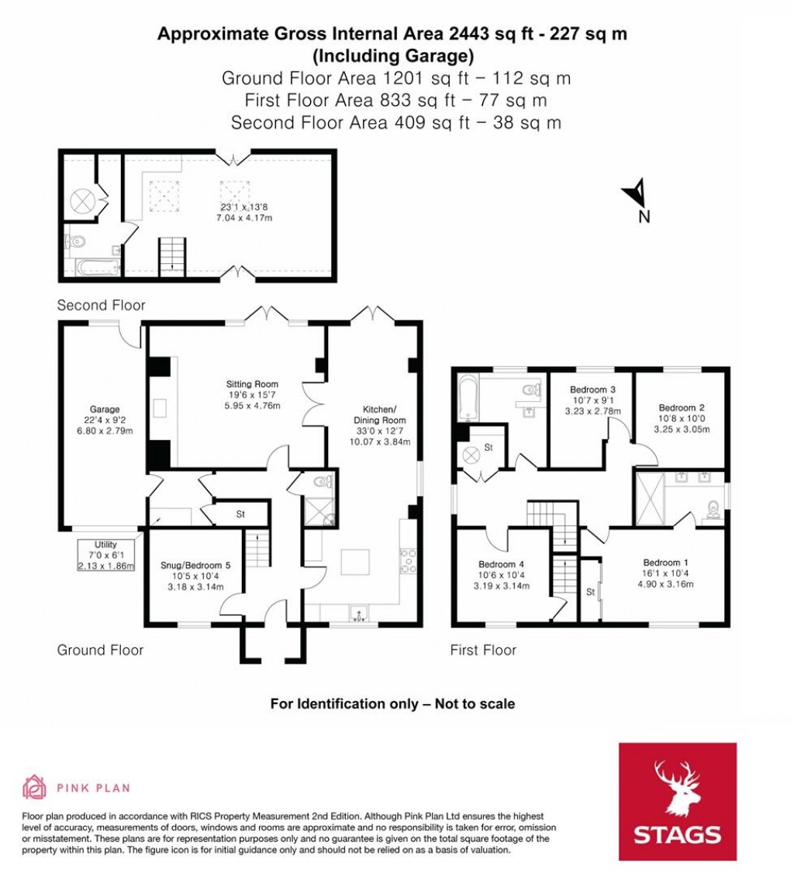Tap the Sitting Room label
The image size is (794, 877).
(x=252, y=384)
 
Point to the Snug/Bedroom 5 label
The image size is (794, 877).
(x=195, y=566)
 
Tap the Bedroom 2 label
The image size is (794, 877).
(x=682, y=407)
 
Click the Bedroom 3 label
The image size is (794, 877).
(x=592, y=390)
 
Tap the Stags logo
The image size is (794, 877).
(x=677, y=801)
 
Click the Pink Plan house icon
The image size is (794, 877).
(x=35, y=787)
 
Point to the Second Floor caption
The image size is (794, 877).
(x=101, y=306)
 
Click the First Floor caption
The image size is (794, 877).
(x=483, y=650)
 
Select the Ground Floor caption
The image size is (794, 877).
(x=100, y=650)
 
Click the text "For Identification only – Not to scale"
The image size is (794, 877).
(x=392, y=704)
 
